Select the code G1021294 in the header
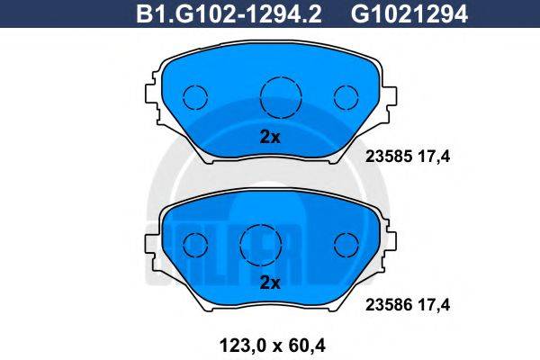click(398, 13)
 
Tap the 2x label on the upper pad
click(270, 138)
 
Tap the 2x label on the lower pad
click(270, 282)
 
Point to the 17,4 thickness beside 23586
click(431, 305)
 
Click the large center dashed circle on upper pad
click(277, 96)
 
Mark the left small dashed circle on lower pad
click(195, 243)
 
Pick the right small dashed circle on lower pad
click(346, 243)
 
